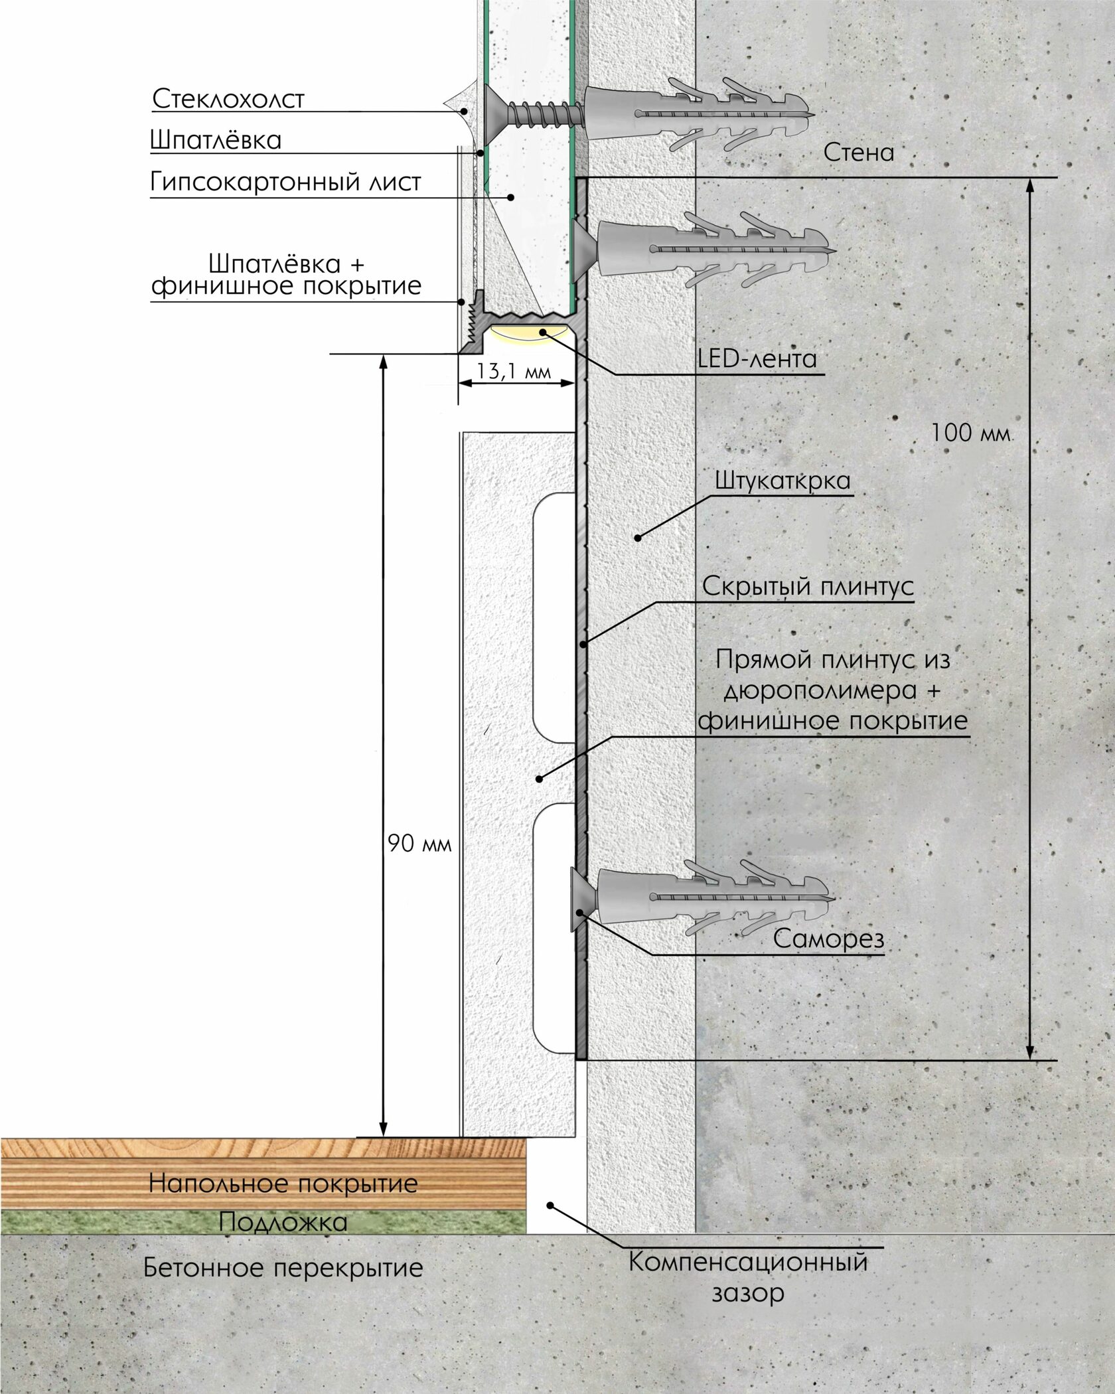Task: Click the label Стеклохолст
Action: coord(228,99)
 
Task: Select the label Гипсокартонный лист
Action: coord(285,182)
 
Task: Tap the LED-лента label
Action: coord(757,359)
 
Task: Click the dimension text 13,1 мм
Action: coord(514,370)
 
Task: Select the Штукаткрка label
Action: coord(782,481)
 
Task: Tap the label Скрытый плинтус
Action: coord(808,587)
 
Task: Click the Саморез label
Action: coord(828,939)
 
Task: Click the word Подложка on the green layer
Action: coord(283,1222)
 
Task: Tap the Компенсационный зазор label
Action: coord(748,1276)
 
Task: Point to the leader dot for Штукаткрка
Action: coord(638,538)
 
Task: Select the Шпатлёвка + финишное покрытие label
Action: coord(287,275)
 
